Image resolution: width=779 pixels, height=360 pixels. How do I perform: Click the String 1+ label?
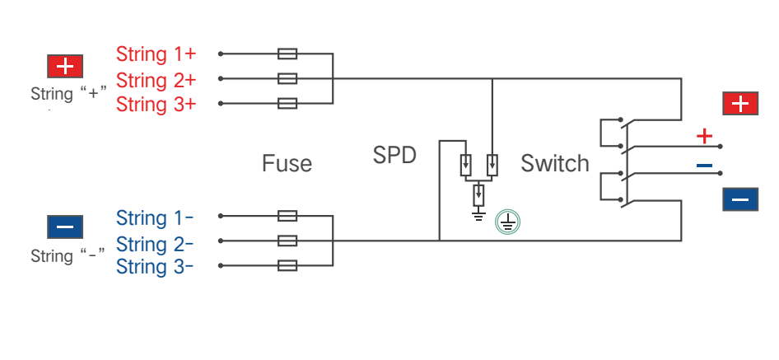[x=156, y=54]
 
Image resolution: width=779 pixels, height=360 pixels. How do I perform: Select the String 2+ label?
[x=156, y=80]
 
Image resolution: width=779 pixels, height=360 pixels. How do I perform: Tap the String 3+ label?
[x=156, y=105]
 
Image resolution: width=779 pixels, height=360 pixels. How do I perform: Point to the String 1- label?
[x=155, y=217]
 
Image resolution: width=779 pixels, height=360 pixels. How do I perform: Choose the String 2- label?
[x=155, y=244]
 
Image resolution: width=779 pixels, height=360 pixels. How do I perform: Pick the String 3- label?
[x=155, y=267]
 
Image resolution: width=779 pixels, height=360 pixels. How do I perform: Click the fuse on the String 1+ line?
[x=287, y=54]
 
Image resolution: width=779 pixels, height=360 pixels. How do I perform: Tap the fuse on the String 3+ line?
[x=287, y=104]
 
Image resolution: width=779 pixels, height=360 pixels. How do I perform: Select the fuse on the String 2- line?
[x=287, y=241]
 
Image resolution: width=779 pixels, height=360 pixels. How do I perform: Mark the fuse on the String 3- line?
[x=287, y=265]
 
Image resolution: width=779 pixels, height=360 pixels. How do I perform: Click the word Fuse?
[x=287, y=163]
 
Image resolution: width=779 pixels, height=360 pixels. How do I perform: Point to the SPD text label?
[x=394, y=155]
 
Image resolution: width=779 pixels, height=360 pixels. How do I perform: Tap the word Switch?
[x=555, y=163]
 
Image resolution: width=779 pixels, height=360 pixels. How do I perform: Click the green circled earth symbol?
[x=507, y=222]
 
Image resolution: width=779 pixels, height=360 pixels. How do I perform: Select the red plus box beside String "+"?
[x=65, y=66]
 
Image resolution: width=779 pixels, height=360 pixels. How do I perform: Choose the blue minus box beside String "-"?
[x=65, y=227]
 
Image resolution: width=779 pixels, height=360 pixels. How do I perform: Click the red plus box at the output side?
[x=740, y=104]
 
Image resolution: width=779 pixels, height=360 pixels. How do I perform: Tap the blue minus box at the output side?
[x=740, y=199]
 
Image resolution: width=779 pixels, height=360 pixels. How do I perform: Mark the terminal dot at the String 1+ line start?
[x=221, y=54]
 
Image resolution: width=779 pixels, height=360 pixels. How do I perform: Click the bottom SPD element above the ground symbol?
[x=478, y=194]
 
